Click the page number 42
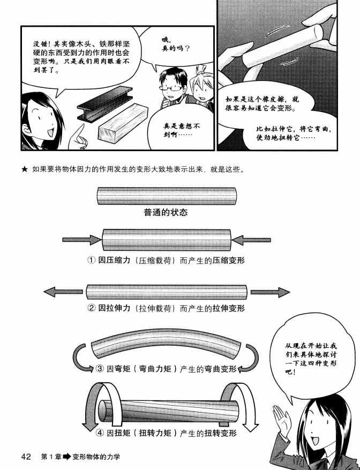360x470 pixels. pos(27,457)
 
